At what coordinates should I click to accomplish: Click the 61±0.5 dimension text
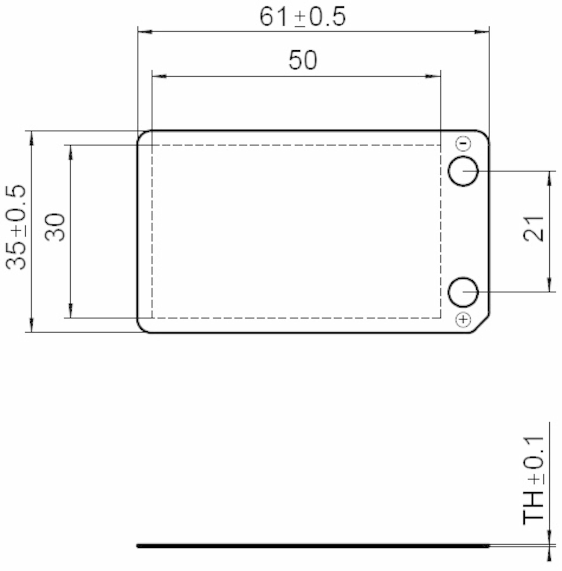coord(302,17)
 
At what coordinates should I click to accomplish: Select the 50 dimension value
coord(303,60)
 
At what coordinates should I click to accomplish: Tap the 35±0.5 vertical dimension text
coord(16,227)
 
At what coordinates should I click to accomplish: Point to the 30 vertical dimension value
coord(55,227)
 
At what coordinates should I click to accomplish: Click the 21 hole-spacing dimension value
coord(533,229)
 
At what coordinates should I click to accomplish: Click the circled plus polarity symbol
coord(463,320)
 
